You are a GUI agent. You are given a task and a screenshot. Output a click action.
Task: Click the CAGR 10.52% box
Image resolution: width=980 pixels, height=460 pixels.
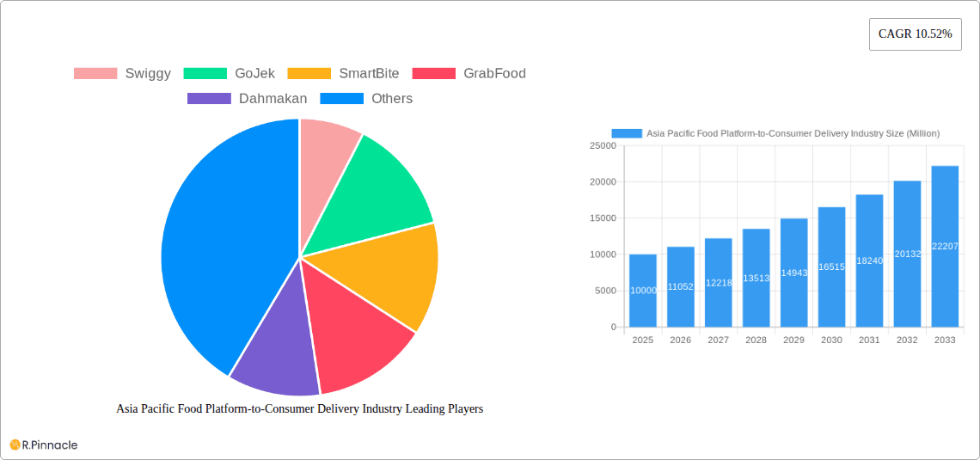coord(915,34)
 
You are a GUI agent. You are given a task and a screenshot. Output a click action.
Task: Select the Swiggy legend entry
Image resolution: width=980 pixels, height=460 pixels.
coord(122,74)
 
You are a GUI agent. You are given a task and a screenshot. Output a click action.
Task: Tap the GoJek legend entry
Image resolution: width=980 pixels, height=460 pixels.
coord(230,74)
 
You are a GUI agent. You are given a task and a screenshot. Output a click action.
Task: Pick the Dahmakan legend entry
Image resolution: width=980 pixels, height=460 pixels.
coord(247,99)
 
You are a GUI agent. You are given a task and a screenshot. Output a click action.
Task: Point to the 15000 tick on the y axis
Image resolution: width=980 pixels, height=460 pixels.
coord(603,218)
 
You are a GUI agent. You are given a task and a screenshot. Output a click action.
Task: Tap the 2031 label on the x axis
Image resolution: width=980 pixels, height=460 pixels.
coord(869,340)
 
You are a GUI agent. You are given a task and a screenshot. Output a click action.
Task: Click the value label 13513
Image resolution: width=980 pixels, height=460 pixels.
coord(756,278)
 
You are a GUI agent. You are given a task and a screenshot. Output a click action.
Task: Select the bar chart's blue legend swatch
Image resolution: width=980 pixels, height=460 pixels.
coord(627,133)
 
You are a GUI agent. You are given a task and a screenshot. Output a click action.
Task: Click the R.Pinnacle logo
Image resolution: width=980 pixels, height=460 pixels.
coord(44,445)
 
